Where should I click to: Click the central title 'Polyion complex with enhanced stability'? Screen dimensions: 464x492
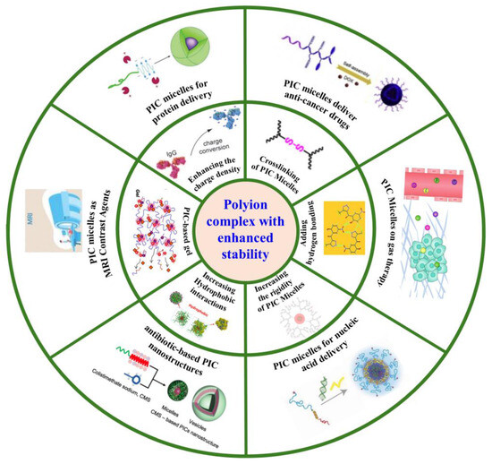pyautogui.click(x=245, y=232)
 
